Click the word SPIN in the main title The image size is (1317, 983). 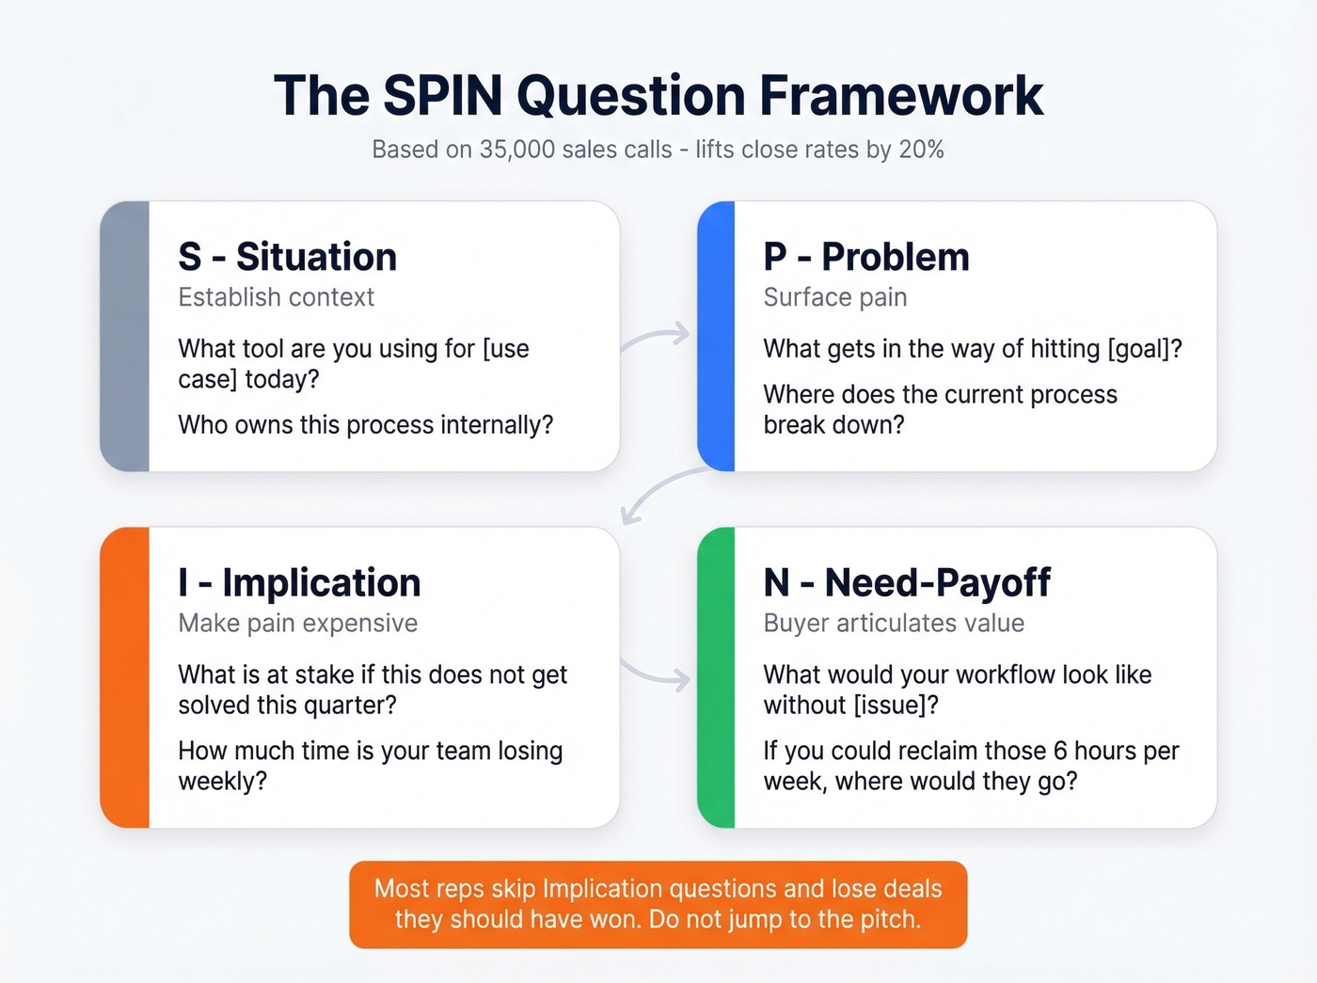click(443, 96)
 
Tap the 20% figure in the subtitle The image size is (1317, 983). click(920, 150)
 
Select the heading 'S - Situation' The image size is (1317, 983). click(288, 257)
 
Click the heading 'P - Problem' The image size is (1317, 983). click(866, 257)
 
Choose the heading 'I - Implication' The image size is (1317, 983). click(299, 583)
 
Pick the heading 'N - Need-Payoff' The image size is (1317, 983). click(907, 583)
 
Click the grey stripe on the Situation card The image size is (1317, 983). click(125, 336)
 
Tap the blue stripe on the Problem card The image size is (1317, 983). click(717, 336)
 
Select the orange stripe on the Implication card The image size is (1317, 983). click(125, 677)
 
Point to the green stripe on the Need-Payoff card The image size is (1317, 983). click(717, 677)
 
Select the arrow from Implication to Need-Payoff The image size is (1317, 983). click(657, 674)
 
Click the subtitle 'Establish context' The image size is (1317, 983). click(277, 297)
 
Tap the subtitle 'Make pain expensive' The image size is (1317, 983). click(298, 624)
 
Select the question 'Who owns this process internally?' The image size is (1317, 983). click(366, 425)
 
